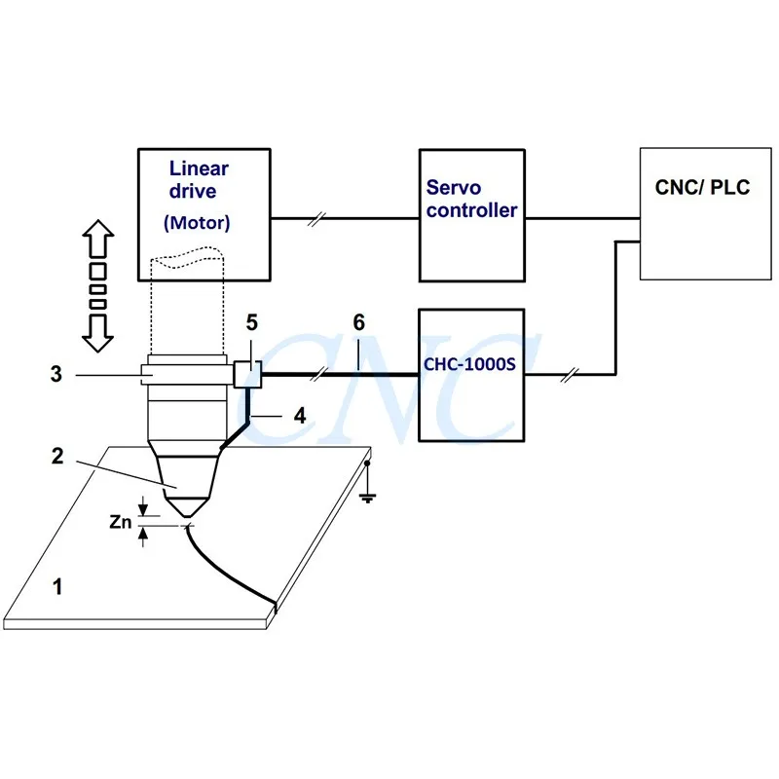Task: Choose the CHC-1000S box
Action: [x=472, y=375]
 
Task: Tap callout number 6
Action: [x=358, y=322]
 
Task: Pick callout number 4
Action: [x=301, y=414]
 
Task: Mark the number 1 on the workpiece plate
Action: [x=57, y=586]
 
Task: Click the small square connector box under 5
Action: [x=246, y=374]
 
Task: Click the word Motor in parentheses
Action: [x=198, y=222]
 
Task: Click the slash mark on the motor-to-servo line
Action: [x=314, y=219]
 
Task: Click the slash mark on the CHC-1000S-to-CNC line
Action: [x=571, y=375]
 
